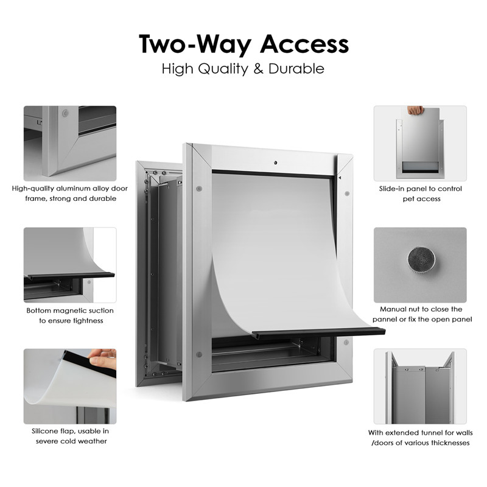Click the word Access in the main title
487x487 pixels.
point(304,44)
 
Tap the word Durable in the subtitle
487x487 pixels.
point(296,69)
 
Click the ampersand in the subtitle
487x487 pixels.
point(258,69)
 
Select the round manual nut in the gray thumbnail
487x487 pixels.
point(421,260)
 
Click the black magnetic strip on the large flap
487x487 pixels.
point(318,334)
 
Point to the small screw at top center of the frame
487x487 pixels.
point(275,163)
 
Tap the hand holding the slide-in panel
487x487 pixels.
point(415,110)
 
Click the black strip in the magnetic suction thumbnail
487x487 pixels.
point(69,276)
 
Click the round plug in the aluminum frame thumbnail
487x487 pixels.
point(65,113)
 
